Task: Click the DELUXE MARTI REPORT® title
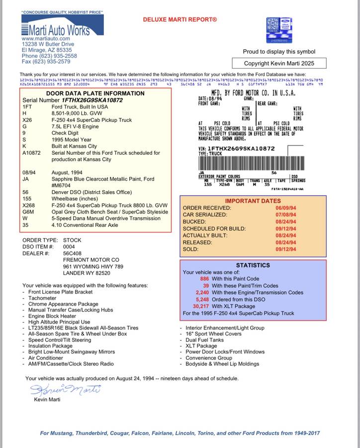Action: (x=180, y=19)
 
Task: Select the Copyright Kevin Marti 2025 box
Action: (x=279, y=63)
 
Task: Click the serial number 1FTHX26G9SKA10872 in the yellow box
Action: (x=92, y=100)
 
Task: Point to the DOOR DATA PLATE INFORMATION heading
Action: (x=95, y=93)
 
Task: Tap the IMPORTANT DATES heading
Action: (x=253, y=201)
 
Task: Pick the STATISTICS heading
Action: (x=253, y=265)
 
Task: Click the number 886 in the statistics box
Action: (x=204, y=279)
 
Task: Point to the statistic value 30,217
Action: (x=200, y=307)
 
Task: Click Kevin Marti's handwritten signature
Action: (x=65, y=389)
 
